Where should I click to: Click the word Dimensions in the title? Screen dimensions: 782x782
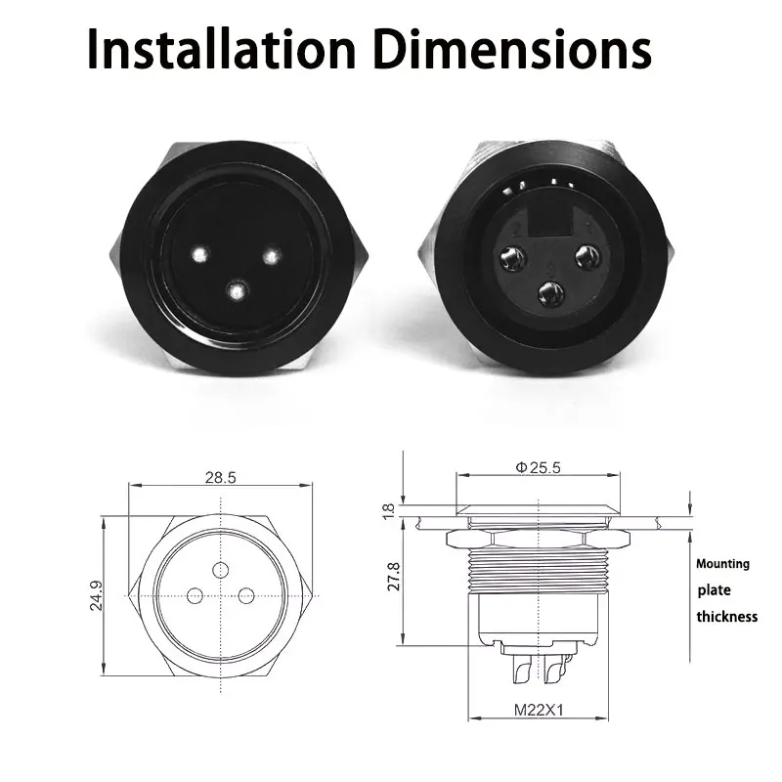tap(511, 50)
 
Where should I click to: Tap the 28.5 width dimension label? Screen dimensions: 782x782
tap(221, 477)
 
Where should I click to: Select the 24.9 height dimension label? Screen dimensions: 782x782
tap(96, 595)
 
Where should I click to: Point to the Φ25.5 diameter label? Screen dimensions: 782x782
tap(538, 467)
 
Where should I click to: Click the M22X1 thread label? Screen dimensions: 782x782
tap(539, 710)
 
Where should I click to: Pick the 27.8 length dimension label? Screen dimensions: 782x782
tap(394, 577)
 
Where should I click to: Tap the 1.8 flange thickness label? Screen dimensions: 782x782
tap(388, 511)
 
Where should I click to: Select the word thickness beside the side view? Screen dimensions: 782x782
tap(727, 617)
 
